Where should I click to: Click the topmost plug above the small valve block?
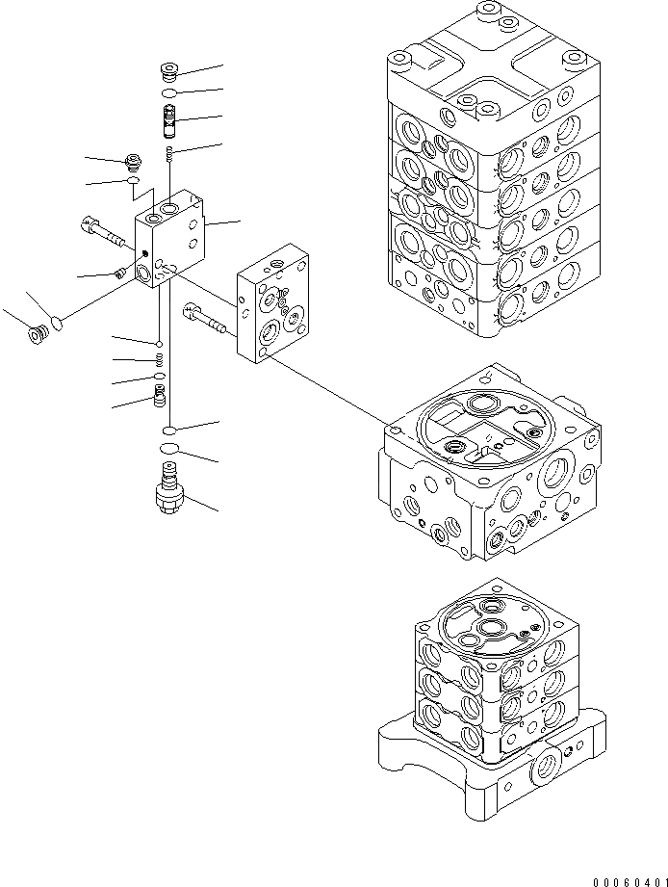coord(168,71)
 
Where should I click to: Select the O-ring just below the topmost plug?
coord(168,93)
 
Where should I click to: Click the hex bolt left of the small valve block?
coord(104,232)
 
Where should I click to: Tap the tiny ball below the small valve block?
coord(158,342)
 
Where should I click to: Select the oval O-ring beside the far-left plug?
coord(58,322)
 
